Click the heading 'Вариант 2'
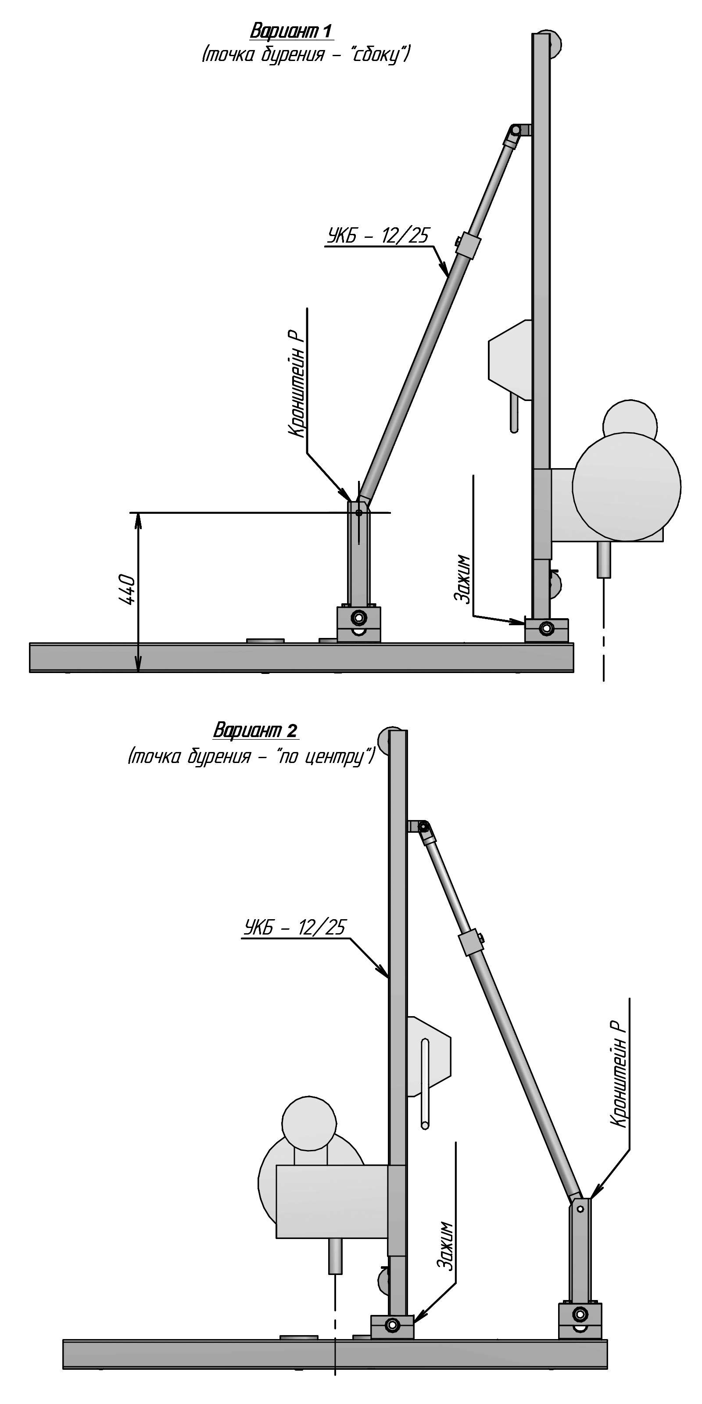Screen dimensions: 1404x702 pyautogui.click(x=255, y=729)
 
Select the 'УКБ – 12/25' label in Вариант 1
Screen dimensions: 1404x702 pyautogui.click(x=378, y=236)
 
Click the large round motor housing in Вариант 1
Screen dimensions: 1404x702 pyautogui.click(x=627, y=486)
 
